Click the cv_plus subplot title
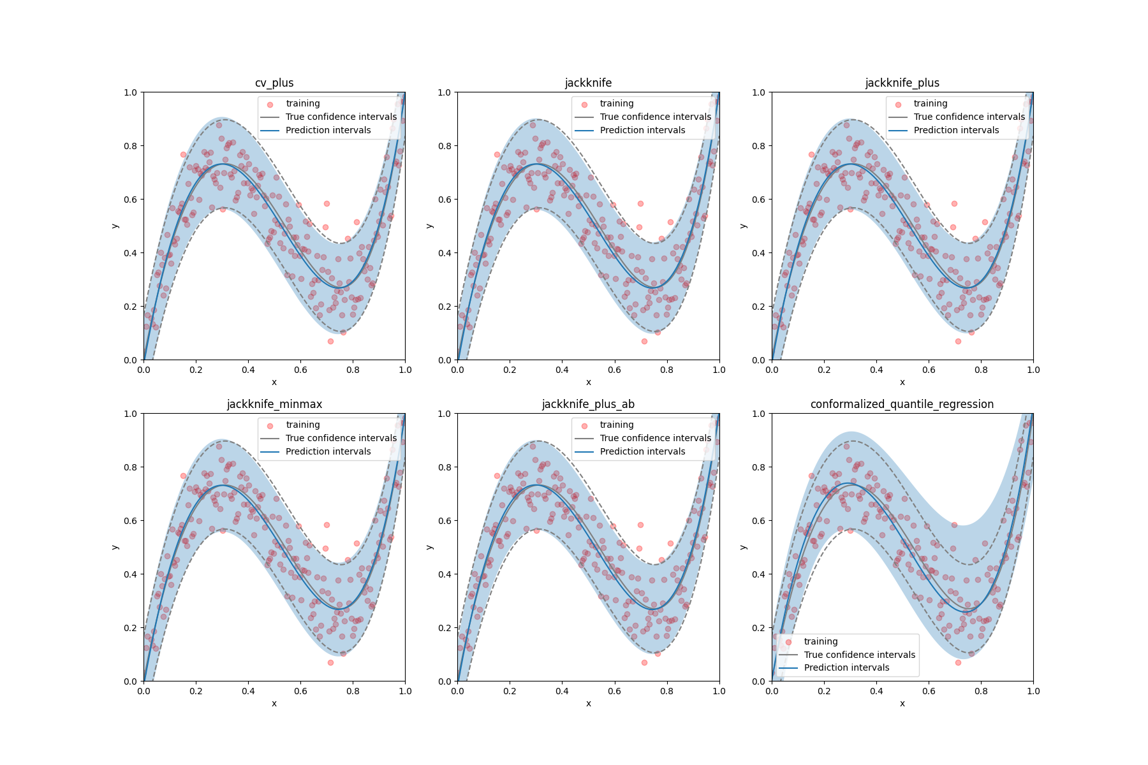(x=274, y=83)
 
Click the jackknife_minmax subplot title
(x=274, y=404)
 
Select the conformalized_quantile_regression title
(x=902, y=404)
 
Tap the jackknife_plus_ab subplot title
(x=588, y=404)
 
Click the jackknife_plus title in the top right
(x=902, y=83)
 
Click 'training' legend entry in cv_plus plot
(x=302, y=103)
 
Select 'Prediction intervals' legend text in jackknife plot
(x=642, y=130)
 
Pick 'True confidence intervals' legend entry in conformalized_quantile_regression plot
(x=859, y=655)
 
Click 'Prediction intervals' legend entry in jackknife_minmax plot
(x=328, y=451)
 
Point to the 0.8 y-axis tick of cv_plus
(x=130, y=146)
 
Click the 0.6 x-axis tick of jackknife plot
(x=614, y=370)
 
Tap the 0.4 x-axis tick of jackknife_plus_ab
(x=562, y=691)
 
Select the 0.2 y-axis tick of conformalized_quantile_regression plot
(x=758, y=628)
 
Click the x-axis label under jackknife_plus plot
(x=902, y=382)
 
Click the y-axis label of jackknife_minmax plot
(x=115, y=547)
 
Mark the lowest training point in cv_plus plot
(x=330, y=341)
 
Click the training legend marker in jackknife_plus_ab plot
(x=584, y=426)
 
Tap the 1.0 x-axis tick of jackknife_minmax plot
(x=405, y=691)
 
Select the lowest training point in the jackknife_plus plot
(x=958, y=341)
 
